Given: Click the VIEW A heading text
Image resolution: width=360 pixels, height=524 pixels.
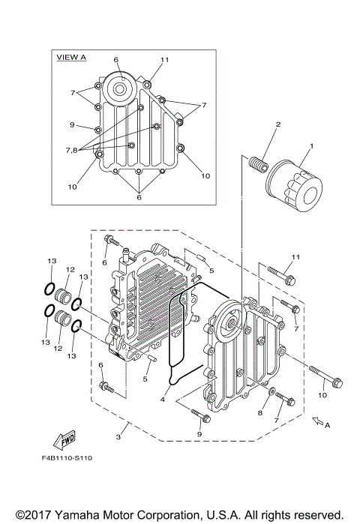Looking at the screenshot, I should coord(72,57).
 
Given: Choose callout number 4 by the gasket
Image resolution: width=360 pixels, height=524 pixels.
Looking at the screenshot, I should coord(162,399).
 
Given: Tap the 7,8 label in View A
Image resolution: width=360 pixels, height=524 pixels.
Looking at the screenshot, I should coord(71,150).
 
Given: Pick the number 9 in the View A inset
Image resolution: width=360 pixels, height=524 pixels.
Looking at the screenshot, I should coord(73,124).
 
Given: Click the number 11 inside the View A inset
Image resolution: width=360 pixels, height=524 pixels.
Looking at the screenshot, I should coord(165,58).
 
